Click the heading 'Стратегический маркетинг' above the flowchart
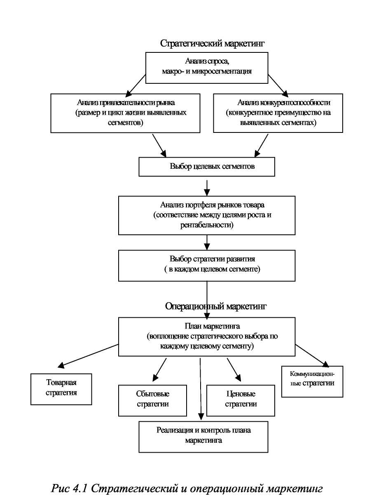click(x=212, y=43)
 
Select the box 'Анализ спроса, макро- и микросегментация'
click(x=207, y=68)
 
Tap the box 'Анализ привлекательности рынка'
click(x=125, y=113)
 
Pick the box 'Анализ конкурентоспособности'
click(x=278, y=113)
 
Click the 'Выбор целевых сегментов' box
click(x=207, y=167)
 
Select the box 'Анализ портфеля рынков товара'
click(x=207, y=215)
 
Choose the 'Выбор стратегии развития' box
click(x=207, y=266)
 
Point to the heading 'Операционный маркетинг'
click(x=216, y=306)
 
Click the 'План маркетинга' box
click(x=207, y=337)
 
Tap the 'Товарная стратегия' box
click(x=61, y=390)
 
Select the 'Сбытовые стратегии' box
click(x=152, y=401)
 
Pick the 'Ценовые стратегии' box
click(x=241, y=401)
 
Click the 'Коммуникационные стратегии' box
click(x=312, y=382)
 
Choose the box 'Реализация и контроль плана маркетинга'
click(x=203, y=437)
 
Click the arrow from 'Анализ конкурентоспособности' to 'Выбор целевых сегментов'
click(x=262, y=146)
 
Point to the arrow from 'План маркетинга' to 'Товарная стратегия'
click(x=88, y=356)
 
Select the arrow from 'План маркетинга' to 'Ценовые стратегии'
click(x=234, y=370)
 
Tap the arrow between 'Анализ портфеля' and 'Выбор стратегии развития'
click(x=207, y=243)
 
